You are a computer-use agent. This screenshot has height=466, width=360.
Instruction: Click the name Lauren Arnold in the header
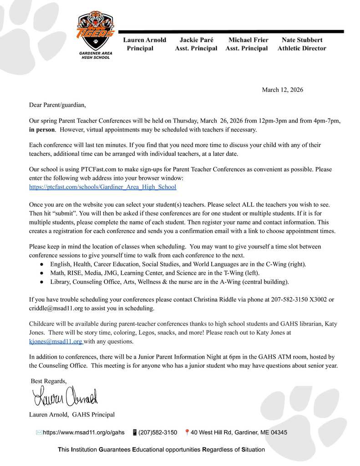click(144, 40)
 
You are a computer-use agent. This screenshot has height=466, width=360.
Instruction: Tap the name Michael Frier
click(248, 40)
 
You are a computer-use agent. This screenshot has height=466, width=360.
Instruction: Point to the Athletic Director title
click(302, 48)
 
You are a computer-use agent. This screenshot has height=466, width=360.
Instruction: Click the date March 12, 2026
click(282, 90)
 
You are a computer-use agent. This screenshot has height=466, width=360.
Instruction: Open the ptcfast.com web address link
click(102, 187)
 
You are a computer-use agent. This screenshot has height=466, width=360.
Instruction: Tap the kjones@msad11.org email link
click(55, 341)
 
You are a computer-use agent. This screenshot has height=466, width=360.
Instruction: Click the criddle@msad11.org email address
click(52, 308)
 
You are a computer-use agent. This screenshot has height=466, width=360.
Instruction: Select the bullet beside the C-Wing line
click(41, 264)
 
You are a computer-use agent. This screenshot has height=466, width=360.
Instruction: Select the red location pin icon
click(187, 432)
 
